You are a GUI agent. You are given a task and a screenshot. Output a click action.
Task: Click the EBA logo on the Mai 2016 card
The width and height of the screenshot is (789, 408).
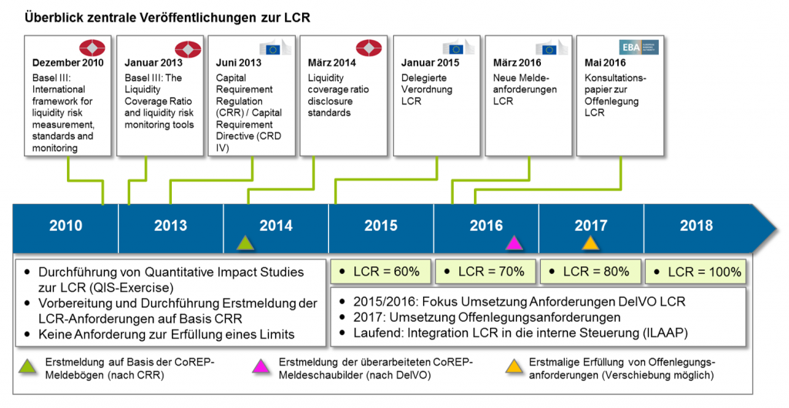[x=639, y=47]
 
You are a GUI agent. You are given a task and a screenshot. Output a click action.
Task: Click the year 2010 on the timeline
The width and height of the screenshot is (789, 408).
[x=65, y=226]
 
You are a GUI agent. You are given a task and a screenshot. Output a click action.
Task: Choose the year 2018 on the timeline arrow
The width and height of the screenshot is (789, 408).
[x=697, y=226]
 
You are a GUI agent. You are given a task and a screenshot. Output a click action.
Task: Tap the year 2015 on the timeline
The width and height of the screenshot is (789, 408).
[x=381, y=226]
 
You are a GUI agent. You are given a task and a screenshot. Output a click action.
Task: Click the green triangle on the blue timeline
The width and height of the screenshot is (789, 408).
[x=245, y=243]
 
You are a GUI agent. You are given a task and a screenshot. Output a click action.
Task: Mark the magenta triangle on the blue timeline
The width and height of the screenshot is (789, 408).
[x=514, y=243]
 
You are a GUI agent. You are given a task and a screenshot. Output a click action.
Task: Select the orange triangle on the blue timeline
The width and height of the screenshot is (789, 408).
[x=590, y=243]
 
